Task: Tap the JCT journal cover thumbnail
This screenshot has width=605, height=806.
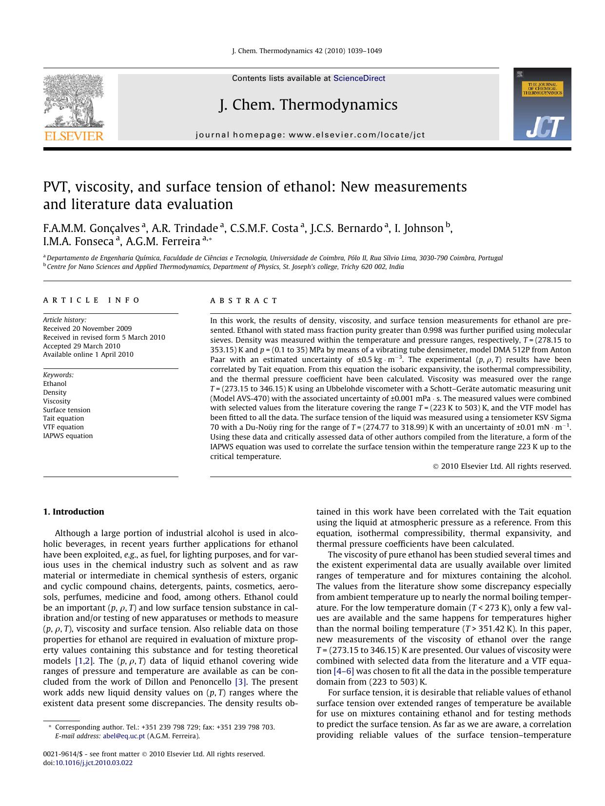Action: (542, 104)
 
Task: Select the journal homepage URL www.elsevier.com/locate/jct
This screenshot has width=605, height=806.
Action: (357, 135)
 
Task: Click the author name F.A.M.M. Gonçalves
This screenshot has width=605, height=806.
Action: (92, 228)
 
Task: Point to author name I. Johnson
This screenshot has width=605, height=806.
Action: (419, 228)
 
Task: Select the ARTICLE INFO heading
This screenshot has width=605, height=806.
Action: (92, 301)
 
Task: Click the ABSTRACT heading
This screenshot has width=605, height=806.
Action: (244, 301)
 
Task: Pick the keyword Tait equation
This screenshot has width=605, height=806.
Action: (63, 419)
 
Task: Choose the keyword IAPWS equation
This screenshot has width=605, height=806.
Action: (68, 436)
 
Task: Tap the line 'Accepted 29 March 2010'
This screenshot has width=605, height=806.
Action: (81, 346)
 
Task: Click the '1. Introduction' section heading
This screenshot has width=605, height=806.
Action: (74, 512)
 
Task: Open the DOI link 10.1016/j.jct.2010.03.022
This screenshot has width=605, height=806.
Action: (93, 763)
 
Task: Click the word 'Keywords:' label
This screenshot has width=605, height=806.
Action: (59, 375)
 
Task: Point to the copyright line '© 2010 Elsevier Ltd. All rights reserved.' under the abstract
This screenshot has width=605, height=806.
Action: (502, 466)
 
